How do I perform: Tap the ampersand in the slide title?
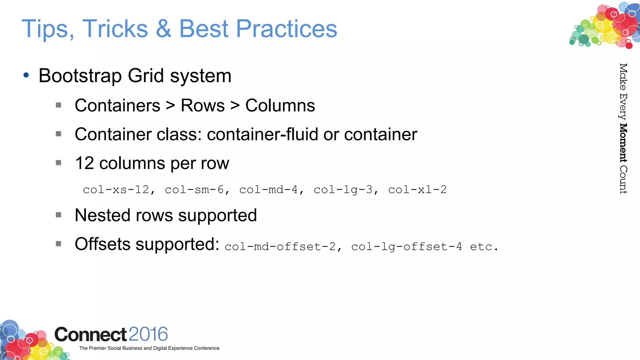coord(163,29)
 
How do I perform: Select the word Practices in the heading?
coord(286,29)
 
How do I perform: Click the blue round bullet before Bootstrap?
coord(26,75)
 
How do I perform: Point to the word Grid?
coord(146,76)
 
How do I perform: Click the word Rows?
coord(202,105)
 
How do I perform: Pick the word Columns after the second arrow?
coord(280,105)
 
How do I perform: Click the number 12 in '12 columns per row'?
coord(84,163)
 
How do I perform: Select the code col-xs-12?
coord(116,190)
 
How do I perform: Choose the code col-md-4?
coord(268,190)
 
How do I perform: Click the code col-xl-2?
coord(417,190)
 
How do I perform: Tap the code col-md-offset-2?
coord(280,247)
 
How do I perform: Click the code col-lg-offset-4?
coord(406,247)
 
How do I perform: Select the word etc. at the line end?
coord(484,247)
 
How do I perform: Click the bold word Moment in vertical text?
coord(623,143)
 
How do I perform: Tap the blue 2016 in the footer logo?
coord(148,334)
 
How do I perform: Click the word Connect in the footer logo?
coord(91,334)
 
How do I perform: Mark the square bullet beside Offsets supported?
coord(58,243)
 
